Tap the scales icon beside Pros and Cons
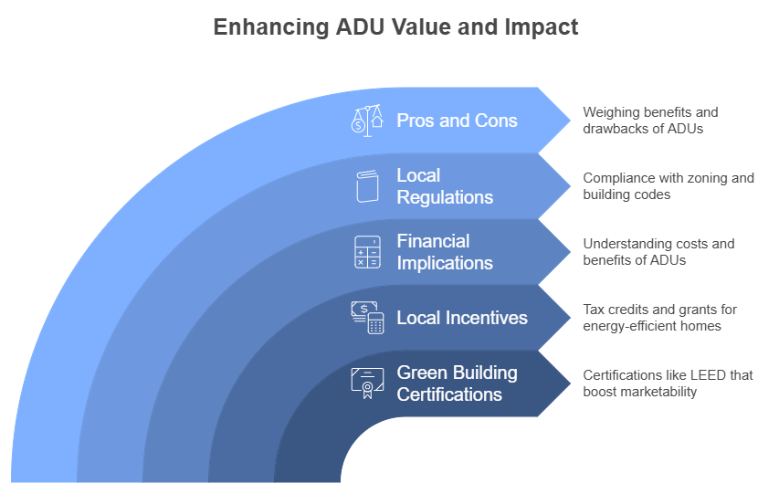(x=367, y=121)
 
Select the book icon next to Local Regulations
(x=368, y=186)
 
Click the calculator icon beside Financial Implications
(x=368, y=252)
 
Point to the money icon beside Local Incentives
(x=368, y=318)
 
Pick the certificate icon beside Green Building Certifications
(x=368, y=384)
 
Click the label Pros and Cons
(x=457, y=121)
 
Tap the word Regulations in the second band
(x=445, y=197)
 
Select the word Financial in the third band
(x=433, y=241)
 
